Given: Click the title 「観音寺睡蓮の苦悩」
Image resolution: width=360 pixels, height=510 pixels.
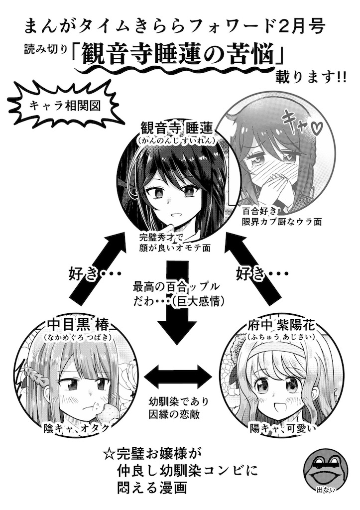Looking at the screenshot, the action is [x=178, y=55].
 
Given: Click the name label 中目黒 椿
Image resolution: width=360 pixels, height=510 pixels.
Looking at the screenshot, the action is [x=78, y=324].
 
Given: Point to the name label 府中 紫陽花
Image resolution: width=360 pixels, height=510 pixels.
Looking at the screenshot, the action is [x=281, y=324].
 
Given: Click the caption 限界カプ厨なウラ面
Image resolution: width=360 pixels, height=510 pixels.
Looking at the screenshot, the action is [x=282, y=222].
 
